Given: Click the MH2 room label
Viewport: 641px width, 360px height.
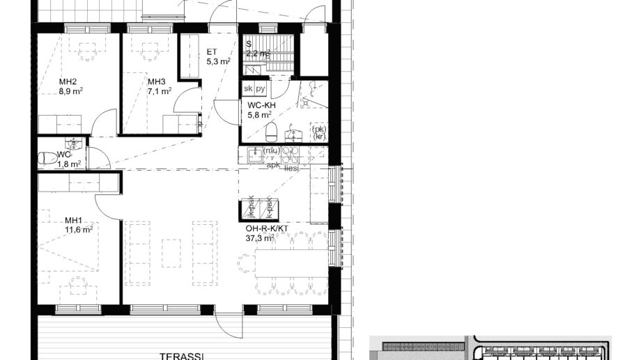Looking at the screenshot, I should click(x=68, y=81).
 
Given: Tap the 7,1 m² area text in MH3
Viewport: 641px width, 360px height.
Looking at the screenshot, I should click(x=160, y=91).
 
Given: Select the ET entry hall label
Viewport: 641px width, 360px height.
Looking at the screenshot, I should click(x=212, y=52).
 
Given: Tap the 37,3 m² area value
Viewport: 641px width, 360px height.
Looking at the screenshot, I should click(x=258, y=238).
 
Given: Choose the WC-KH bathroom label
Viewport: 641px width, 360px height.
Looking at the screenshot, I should click(x=262, y=105).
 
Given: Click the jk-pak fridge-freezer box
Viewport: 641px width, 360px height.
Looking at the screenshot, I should click(x=250, y=206).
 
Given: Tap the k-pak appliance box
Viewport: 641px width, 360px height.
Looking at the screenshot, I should click(x=268, y=206).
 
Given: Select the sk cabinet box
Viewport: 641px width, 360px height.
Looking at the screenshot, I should click(x=248, y=89).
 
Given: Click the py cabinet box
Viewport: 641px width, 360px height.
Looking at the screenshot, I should click(x=261, y=89).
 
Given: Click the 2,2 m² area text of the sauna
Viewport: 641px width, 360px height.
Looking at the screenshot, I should click(x=258, y=53).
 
